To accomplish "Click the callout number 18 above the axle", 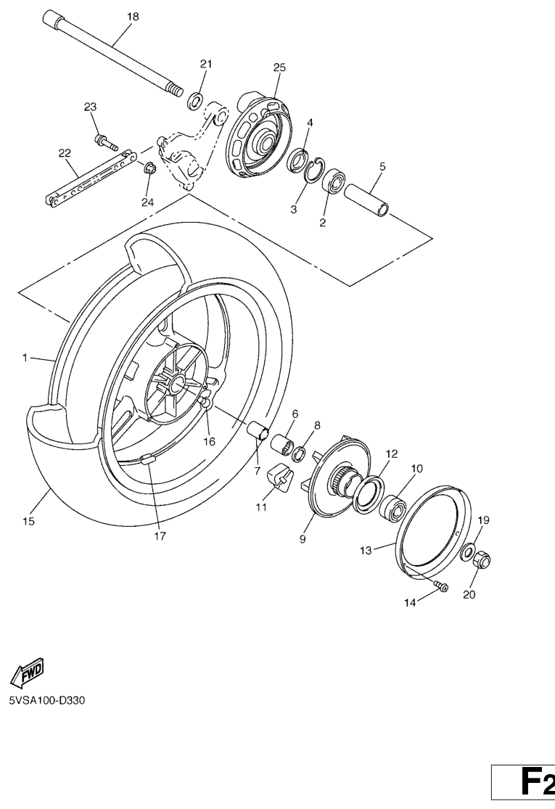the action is tap(133, 17).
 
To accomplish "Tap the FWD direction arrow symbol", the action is tap(28, 673).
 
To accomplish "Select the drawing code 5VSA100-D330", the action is tap(46, 701).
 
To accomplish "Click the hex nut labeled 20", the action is tap(481, 561).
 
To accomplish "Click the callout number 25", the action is tap(279, 67).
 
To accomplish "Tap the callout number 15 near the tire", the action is tap(29, 522).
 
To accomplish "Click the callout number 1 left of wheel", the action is tap(25, 358).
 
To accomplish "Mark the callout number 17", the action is tap(160, 537).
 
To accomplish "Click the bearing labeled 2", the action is tap(334, 181).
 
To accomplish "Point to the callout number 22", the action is tap(65, 153).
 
